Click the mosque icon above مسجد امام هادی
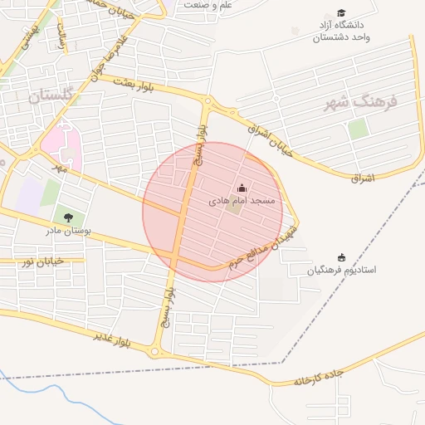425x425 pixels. [242, 188]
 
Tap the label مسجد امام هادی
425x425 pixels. [247, 201]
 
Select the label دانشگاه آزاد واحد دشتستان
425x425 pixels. [341, 32]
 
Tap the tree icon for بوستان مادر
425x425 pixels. [69, 217]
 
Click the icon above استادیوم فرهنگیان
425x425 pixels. [341, 257]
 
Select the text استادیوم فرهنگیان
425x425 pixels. [341, 271]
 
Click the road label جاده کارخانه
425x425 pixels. [318, 378]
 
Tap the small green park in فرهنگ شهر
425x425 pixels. [358, 129]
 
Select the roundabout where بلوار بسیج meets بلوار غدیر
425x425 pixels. [155, 351]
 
